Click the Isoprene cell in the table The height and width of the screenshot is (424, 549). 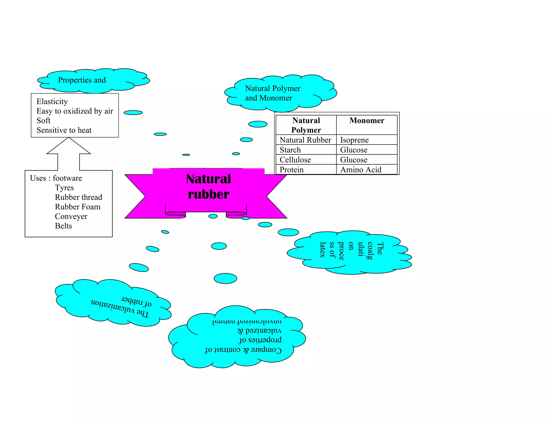pyautogui.click(x=354, y=140)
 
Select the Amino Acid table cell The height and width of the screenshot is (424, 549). pyautogui.click(x=361, y=170)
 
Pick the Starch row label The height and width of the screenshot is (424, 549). pyautogui.click(x=290, y=150)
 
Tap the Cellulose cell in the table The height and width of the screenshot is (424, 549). pyautogui.click(x=295, y=160)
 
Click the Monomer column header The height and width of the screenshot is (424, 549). pyautogui.click(x=367, y=121)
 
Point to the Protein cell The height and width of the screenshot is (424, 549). pyautogui.click(x=292, y=170)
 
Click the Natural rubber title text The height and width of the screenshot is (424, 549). pyautogui.click(x=209, y=187)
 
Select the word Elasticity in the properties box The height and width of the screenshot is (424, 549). pyautogui.click(x=52, y=102)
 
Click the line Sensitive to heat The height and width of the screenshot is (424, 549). pyautogui.click(x=64, y=130)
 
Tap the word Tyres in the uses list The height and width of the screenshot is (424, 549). pyautogui.click(x=64, y=188)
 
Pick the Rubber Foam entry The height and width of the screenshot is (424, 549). pyautogui.click(x=77, y=207)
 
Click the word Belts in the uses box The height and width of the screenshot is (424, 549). pyautogui.click(x=63, y=226)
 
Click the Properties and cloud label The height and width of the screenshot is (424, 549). pyautogui.click(x=82, y=80)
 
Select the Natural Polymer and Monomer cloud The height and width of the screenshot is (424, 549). pyautogui.click(x=273, y=93)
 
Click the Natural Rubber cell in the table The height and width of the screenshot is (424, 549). pyautogui.click(x=305, y=140)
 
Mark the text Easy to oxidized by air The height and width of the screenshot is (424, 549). pyautogui.click(x=75, y=111)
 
